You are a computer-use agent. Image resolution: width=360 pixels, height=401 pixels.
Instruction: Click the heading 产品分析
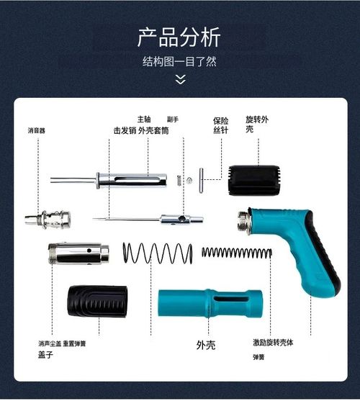179,37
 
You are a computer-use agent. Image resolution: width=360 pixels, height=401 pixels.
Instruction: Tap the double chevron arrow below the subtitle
180,79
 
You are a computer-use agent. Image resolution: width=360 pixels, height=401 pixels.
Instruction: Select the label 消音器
37,131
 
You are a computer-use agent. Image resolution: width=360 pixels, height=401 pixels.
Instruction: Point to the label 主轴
145,119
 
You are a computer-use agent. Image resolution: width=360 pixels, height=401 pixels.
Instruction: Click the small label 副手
173,120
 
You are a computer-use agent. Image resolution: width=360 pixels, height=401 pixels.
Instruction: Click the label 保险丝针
220,125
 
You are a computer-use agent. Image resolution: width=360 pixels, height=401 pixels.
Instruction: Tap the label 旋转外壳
257,123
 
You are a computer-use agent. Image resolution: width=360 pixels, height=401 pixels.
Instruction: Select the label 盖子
46,355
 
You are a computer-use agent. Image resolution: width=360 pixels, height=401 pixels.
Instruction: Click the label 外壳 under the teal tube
206,345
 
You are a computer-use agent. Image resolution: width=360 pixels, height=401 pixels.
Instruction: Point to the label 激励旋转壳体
273,343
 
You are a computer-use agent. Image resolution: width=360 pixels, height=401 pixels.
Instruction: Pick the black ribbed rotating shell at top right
253,180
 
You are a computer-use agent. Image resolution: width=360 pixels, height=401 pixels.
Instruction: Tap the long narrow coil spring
236,253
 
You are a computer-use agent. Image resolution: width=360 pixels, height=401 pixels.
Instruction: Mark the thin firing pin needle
130,219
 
